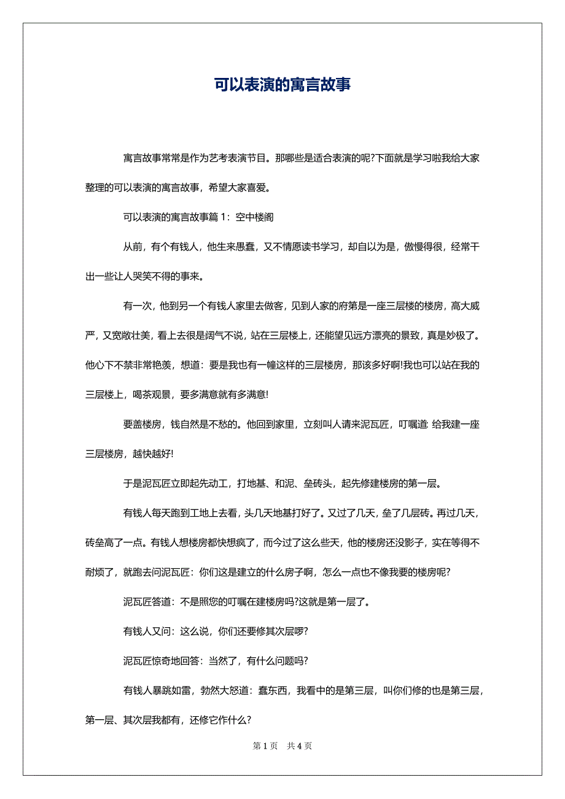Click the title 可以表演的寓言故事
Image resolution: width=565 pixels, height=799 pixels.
coord(282,84)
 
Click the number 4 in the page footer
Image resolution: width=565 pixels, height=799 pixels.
coord(300,746)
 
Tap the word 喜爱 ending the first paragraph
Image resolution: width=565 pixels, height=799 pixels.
coord(256,187)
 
